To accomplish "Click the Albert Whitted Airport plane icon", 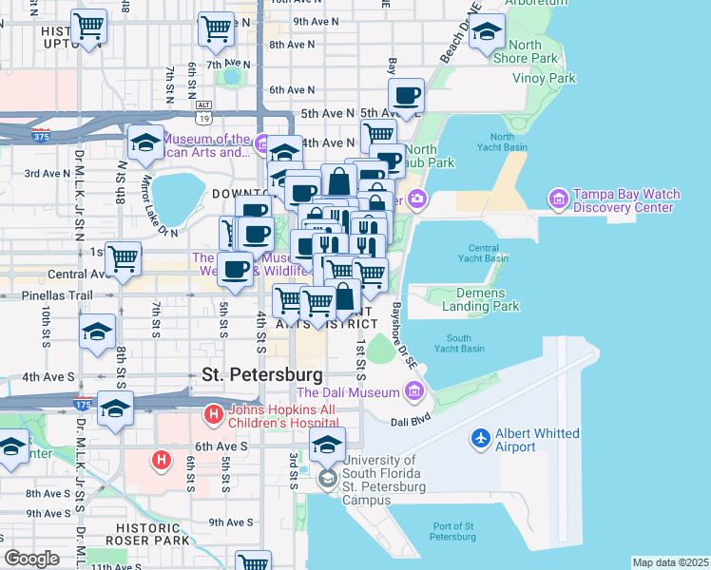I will pos(482,440).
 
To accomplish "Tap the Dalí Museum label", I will pos(348,391).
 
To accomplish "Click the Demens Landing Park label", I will pos(480,300).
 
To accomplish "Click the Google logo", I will pos(31,559).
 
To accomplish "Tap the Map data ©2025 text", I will pos(669,562).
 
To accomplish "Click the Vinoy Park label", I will pos(544,78).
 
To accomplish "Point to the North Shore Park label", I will pos(531,51).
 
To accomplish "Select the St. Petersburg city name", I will pos(262,374).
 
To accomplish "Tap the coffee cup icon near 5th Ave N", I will pos(406,97).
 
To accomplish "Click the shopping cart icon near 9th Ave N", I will pos(216,29).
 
